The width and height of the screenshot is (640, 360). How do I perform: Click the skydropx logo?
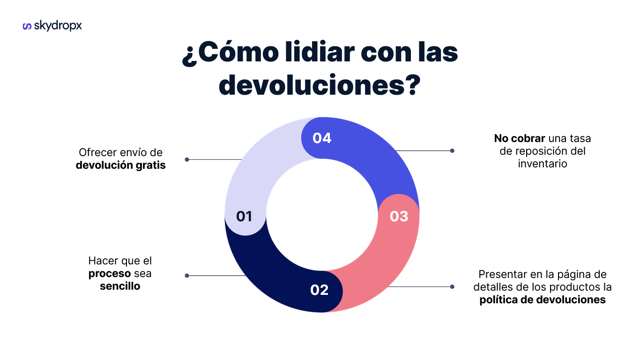52,26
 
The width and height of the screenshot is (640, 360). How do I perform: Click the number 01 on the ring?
244,216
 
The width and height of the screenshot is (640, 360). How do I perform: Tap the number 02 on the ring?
319,290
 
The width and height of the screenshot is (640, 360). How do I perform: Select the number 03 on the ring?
399,216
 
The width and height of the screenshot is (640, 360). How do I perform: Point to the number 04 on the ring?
322,138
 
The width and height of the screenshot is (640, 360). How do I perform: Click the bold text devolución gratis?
121,165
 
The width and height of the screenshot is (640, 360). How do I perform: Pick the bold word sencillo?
120,286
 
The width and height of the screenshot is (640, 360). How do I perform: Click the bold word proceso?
110,273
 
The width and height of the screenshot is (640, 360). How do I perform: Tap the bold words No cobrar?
520,139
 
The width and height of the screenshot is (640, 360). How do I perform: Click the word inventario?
543,164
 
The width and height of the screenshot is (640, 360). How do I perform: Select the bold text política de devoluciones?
543,300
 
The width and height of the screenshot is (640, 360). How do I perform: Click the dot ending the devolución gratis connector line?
187,159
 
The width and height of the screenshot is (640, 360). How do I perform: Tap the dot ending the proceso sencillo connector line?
187,276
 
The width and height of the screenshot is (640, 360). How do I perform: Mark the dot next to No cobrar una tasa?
452,151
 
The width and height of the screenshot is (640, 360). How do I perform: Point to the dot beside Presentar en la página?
452,286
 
